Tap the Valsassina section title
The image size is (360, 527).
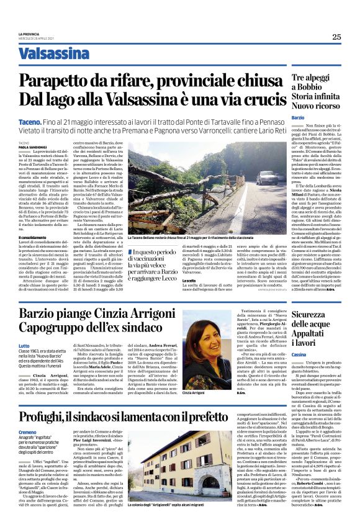53,53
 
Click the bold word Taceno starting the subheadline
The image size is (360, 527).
30,117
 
